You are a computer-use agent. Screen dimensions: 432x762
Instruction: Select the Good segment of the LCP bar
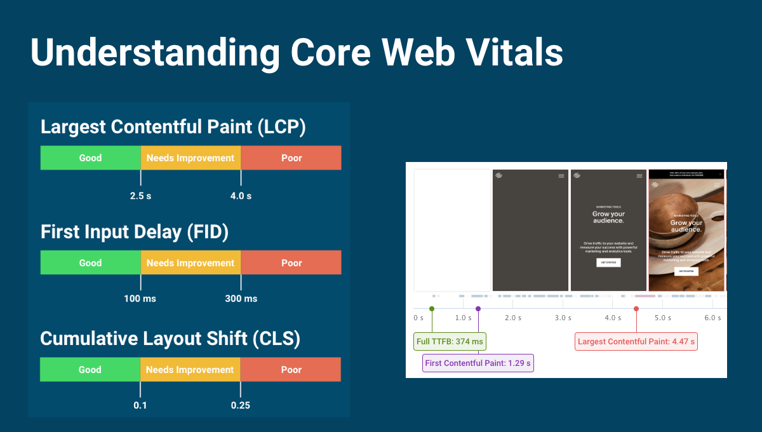click(90, 158)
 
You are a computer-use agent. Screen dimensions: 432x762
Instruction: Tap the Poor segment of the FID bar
click(291, 262)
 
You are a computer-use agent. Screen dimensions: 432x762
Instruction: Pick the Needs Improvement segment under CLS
click(190, 369)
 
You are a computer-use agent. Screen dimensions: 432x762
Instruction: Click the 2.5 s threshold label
click(140, 196)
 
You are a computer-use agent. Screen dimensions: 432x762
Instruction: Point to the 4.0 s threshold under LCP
click(241, 196)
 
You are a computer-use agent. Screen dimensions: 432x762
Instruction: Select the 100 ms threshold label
click(140, 299)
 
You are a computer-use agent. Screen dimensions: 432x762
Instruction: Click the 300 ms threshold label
click(241, 299)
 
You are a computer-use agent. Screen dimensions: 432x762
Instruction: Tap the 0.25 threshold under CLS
click(241, 405)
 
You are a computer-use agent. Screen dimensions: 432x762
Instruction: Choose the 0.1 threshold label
click(140, 405)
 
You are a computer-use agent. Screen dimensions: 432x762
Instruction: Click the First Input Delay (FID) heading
click(135, 232)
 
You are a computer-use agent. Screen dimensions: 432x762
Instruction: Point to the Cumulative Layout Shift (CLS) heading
click(170, 339)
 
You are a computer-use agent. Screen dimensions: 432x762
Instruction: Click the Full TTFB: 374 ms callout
click(450, 342)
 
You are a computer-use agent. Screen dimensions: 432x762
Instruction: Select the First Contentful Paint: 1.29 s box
click(478, 363)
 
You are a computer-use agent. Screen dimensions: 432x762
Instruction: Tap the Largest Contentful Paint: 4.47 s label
click(636, 342)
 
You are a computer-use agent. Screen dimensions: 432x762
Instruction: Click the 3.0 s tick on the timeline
click(563, 318)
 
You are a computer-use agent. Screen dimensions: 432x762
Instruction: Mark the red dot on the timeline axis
click(636, 309)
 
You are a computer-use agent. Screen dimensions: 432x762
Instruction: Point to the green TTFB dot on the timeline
click(432, 309)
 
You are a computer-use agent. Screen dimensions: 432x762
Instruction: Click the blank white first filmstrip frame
click(452, 230)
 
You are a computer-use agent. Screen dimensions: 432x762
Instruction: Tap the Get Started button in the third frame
click(608, 262)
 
